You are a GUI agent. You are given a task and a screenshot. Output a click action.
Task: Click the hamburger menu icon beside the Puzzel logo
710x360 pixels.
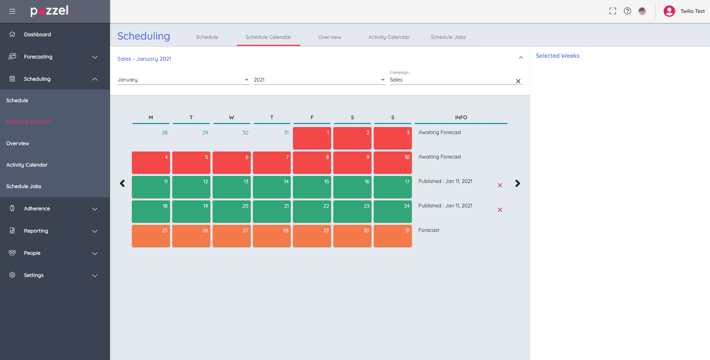coord(12,11)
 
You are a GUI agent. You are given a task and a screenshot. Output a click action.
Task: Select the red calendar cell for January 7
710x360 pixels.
coord(272,162)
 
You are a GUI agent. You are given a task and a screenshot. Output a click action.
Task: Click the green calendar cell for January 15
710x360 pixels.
coord(312,187)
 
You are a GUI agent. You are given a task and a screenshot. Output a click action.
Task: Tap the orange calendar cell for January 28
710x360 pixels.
coord(272,236)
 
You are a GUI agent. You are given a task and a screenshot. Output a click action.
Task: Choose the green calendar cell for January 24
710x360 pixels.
coord(392,211)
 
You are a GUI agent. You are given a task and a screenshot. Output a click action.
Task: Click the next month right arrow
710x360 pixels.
coord(517,183)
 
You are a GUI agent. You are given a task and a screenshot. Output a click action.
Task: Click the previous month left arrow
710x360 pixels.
coord(122,183)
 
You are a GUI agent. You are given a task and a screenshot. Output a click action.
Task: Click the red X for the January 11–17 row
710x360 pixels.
coord(500,185)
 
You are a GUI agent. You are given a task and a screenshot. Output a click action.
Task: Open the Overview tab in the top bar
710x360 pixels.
coord(329,37)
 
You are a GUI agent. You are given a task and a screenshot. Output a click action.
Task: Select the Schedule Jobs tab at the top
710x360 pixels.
coord(448,37)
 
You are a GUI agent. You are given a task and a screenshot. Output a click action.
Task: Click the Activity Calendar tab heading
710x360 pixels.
coord(389,37)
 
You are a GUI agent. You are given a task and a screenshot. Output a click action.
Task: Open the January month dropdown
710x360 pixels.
coord(183,80)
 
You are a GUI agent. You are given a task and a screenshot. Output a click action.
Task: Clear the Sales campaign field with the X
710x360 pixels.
coord(518,81)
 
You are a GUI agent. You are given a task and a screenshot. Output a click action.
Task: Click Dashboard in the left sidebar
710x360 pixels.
coord(37,35)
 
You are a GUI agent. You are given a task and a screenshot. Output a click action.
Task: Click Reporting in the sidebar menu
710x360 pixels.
coord(36,231)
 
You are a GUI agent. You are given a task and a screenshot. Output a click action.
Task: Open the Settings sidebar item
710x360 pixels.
coord(34,275)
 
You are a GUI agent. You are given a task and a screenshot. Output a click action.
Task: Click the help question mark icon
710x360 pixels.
coord(627,11)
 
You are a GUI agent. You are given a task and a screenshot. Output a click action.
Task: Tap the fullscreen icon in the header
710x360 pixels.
coord(612,11)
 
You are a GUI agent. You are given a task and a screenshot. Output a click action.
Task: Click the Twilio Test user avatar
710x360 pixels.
coord(669,11)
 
